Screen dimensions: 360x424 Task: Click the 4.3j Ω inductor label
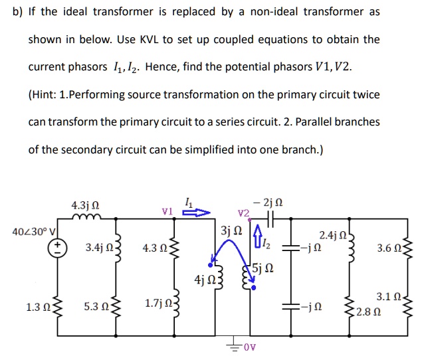tap(84, 206)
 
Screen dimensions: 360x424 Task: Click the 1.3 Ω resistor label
tap(37, 308)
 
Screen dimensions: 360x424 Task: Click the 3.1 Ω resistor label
tap(387, 297)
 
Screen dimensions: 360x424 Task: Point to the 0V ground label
tap(249, 347)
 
